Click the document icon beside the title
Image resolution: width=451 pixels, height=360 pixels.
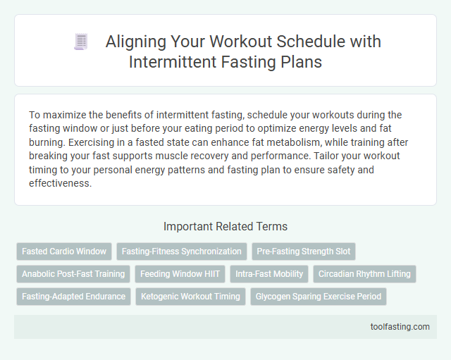tap(80, 42)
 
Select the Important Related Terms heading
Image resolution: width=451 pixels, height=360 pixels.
tap(225, 227)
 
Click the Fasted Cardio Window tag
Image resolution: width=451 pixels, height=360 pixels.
tap(64, 251)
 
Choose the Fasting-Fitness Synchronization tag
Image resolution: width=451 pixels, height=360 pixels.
tap(181, 251)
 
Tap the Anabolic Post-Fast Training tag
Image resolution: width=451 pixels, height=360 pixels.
tap(73, 273)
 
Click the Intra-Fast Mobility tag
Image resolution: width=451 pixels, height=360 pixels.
tap(270, 273)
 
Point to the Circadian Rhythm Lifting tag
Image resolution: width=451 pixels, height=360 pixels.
tap(364, 273)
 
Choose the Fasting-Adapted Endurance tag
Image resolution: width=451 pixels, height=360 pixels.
tap(73, 296)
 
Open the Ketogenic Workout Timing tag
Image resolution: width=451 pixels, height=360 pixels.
tap(190, 296)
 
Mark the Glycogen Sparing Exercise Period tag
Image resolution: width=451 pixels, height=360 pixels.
tap(319, 296)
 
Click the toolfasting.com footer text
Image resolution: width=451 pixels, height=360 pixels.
tap(400, 327)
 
